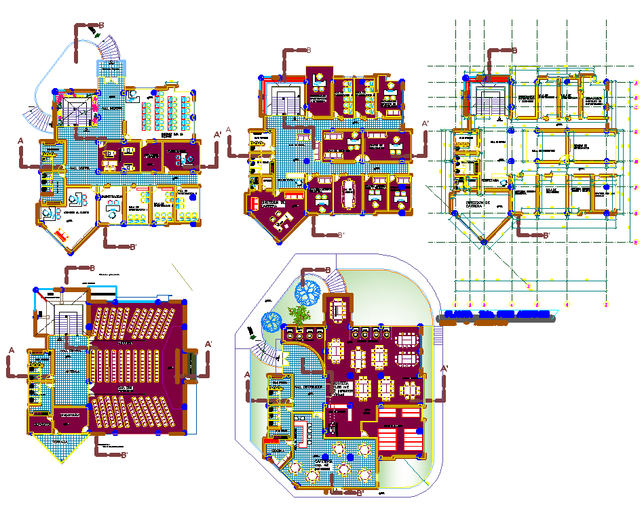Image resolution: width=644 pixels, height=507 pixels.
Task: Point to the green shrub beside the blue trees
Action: (297, 314)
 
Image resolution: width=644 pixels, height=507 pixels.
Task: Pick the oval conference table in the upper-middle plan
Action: (349, 192)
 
